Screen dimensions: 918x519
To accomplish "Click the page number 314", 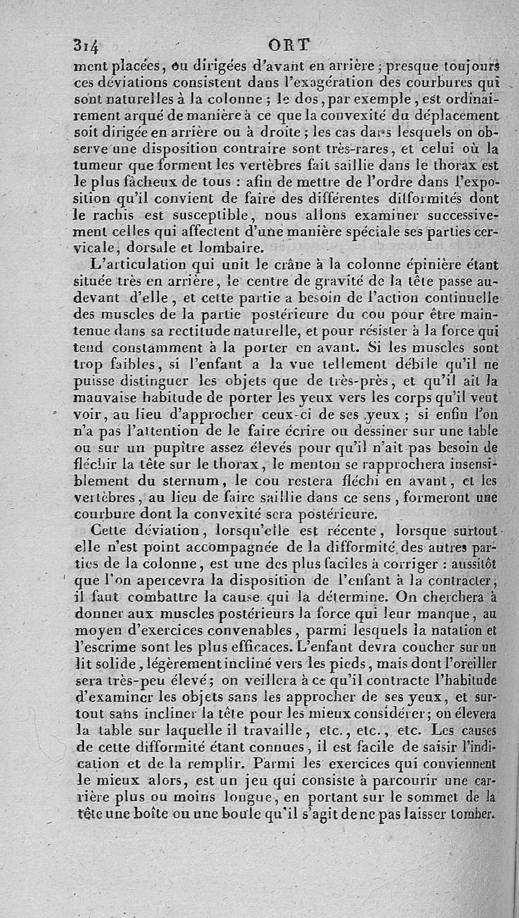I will coord(86,47).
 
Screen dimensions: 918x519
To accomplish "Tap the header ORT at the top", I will coord(290,45).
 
